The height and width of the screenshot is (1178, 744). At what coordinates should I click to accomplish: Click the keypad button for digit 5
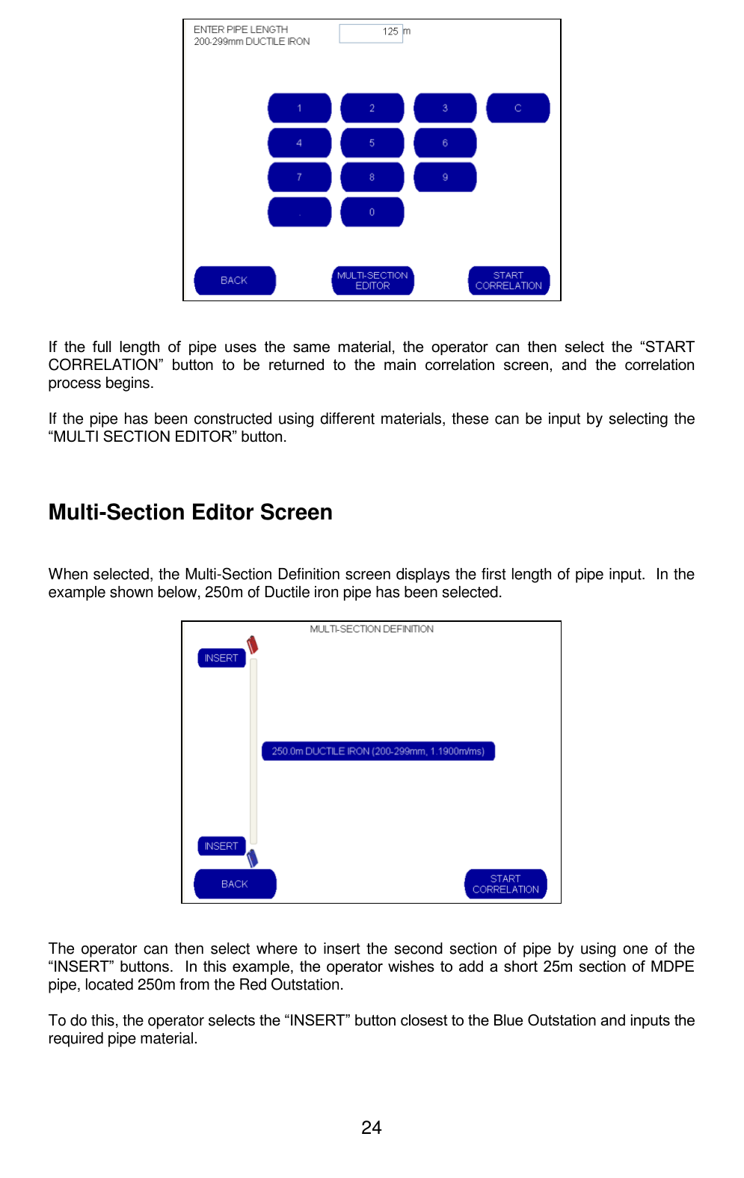(x=372, y=143)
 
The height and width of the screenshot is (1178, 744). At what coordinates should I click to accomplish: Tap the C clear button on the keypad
(x=517, y=108)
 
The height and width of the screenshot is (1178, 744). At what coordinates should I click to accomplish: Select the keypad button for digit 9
(x=445, y=177)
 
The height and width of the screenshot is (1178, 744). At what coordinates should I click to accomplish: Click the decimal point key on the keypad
(x=299, y=212)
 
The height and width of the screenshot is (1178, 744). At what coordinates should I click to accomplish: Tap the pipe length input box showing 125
(x=371, y=32)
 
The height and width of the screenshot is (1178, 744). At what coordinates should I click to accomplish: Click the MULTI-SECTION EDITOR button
(x=372, y=280)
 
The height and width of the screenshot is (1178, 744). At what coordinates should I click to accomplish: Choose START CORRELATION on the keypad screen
(x=508, y=280)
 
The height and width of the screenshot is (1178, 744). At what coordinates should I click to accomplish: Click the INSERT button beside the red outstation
(x=221, y=658)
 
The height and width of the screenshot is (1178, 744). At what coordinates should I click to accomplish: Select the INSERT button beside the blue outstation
(x=221, y=846)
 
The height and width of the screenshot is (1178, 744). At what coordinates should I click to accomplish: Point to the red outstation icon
(x=253, y=644)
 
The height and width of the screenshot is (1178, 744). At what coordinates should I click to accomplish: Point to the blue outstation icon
(x=253, y=858)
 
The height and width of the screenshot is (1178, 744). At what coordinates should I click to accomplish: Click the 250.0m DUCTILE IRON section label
(x=378, y=751)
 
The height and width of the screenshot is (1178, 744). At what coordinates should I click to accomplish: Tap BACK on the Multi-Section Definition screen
(x=235, y=883)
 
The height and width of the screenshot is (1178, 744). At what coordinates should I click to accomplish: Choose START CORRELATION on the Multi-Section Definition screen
(x=505, y=883)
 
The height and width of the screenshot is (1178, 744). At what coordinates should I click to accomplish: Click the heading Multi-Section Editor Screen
(x=191, y=512)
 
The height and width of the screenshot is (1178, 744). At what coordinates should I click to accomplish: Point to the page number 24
(x=372, y=1127)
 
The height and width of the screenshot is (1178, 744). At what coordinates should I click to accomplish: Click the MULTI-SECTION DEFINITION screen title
(x=372, y=629)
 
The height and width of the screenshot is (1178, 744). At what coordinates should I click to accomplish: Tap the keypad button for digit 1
(x=299, y=108)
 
